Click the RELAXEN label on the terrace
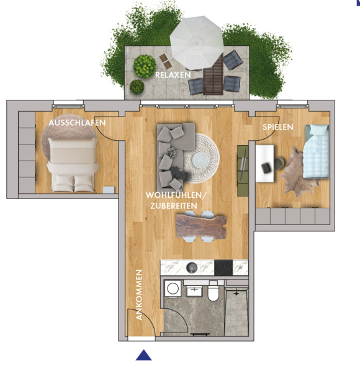pos(173,75)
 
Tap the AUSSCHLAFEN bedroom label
pos(77,123)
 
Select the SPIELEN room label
pos(278,127)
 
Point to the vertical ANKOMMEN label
pos(139,294)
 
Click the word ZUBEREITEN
pos(174,206)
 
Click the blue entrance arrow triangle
pos(143,355)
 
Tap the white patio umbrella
pos(197,43)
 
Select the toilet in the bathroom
pos(214,291)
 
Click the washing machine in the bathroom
pos(173,289)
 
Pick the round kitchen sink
pos(192,268)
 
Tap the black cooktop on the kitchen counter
pos(223,268)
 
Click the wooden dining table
pos(201,226)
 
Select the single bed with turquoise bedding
pos(317,151)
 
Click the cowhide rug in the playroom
pos(299,171)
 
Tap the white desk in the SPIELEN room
pos(264,164)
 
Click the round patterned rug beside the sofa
pos(201,158)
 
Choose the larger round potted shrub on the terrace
pos(145,67)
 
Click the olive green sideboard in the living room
pos(243,171)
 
